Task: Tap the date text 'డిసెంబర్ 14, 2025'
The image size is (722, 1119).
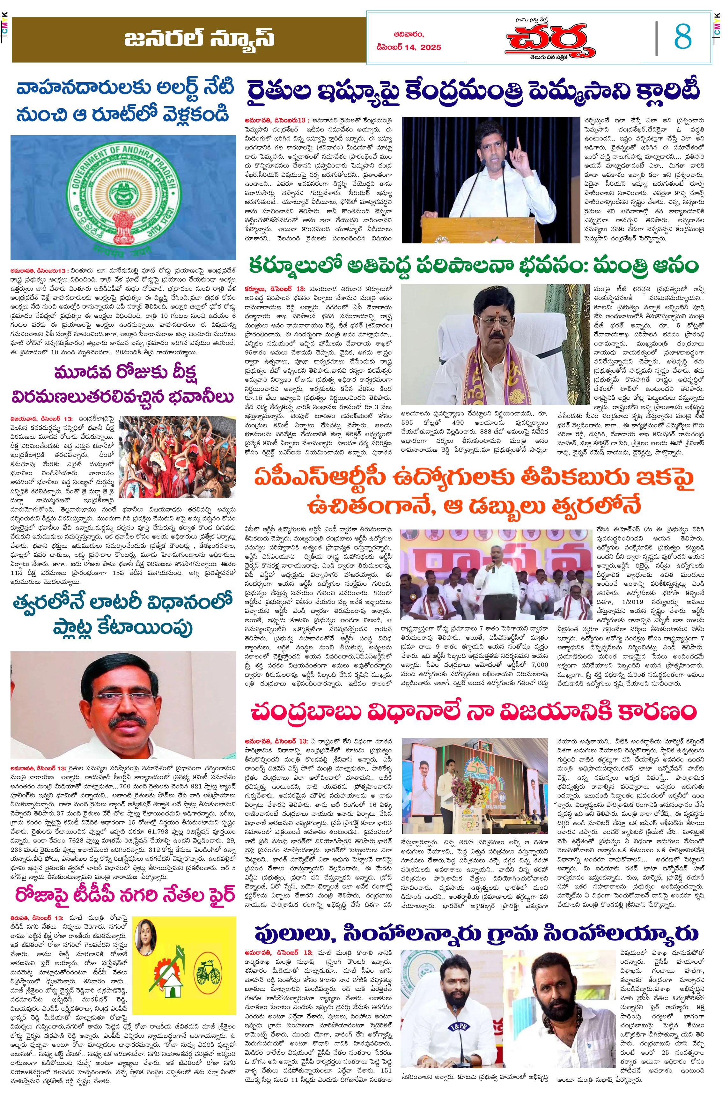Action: click(x=408, y=47)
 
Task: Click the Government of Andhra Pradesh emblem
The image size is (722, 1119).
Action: click(x=123, y=197)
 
